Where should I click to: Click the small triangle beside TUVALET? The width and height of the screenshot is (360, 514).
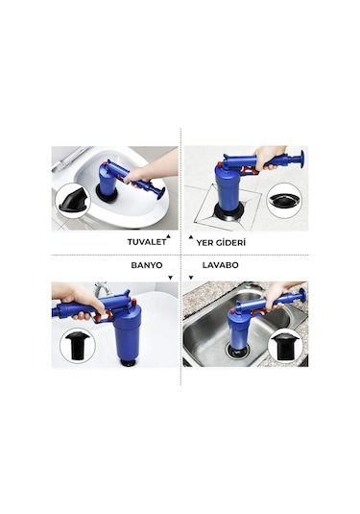point(169,235)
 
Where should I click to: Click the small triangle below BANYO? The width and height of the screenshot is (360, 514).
point(169,273)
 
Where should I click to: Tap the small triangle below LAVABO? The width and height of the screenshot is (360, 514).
point(191,273)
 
